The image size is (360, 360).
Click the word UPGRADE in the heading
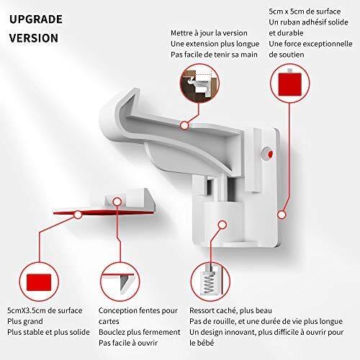tap(36, 19)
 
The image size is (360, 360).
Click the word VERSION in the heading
tap(34, 38)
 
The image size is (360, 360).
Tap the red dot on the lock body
tap(270, 154)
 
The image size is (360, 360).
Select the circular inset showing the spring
tap(210, 282)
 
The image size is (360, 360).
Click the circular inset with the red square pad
tap(290, 84)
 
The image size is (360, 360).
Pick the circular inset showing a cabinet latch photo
tap(199, 84)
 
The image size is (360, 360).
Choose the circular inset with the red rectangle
tap(39, 282)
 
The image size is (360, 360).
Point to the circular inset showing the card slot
tap(120, 282)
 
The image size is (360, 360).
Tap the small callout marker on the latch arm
tap(184, 125)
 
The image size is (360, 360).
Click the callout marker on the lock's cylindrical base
tap(222, 225)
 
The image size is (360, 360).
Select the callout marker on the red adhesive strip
tap(78, 215)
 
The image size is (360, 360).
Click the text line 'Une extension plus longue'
tap(215, 44)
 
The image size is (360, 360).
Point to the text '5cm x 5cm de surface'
tap(305, 12)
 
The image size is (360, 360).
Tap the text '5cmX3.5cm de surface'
tap(45, 310)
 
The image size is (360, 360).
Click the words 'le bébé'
tap(202, 343)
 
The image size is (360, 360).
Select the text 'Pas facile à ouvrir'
tap(128, 343)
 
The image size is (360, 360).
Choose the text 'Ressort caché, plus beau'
tap(230, 310)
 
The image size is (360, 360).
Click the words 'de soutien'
tap(287, 55)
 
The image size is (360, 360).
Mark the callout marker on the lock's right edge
tap(282, 215)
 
